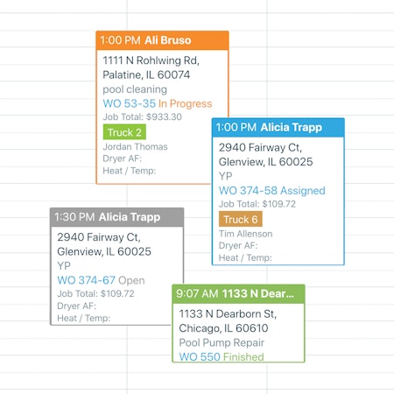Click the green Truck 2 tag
pyautogui.click(x=124, y=132)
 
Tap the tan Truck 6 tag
pyautogui.click(x=241, y=219)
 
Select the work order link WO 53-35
pyautogui.click(x=130, y=103)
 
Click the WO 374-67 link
pyautogui.click(x=87, y=280)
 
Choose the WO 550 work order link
pyautogui.click(x=200, y=356)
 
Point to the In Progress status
pyautogui.click(x=186, y=103)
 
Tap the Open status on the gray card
pyautogui.click(x=131, y=280)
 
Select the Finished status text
pyautogui.click(x=243, y=356)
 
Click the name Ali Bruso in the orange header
pyautogui.click(x=168, y=40)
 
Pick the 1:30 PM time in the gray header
pyautogui.click(x=74, y=217)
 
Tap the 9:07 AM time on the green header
pyautogui.click(x=197, y=293)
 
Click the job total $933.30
pyautogui.click(x=164, y=116)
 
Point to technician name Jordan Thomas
pyautogui.click(x=135, y=146)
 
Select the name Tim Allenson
pyautogui.click(x=246, y=234)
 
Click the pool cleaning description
pyautogui.click(x=135, y=89)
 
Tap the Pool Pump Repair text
pyautogui.click(x=222, y=342)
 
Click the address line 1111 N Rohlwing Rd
pyautogui.click(x=151, y=60)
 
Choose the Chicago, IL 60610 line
pyautogui.click(x=223, y=328)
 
